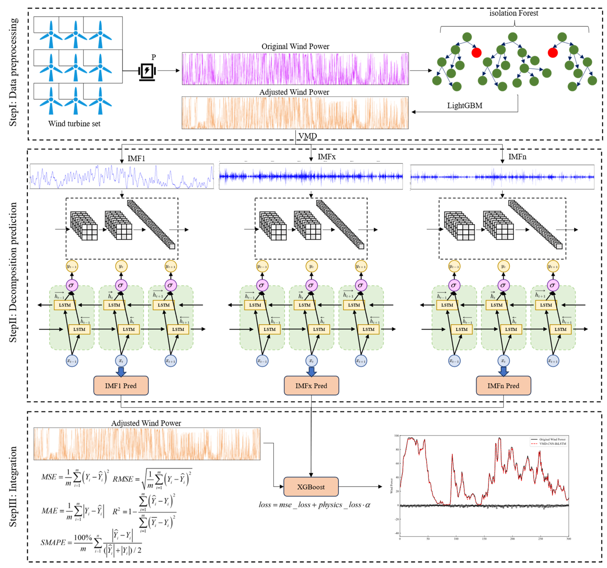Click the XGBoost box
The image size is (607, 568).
pos(311,487)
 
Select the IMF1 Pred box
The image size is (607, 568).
pos(121,386)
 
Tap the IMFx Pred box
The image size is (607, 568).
pos(311,386)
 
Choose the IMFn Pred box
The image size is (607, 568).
pos(503,386)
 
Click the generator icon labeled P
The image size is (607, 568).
pos(147,72)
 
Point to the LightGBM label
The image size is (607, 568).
pos(464,106)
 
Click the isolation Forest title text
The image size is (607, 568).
pos(514,13)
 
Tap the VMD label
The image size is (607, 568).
pos(308,136)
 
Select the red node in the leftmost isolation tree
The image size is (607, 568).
pos(476,52)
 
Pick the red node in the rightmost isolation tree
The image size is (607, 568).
pos(553,52)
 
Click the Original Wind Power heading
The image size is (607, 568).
pos(295,47)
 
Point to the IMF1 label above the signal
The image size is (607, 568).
pos(136,158)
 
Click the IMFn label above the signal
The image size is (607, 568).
pos(517,157)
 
